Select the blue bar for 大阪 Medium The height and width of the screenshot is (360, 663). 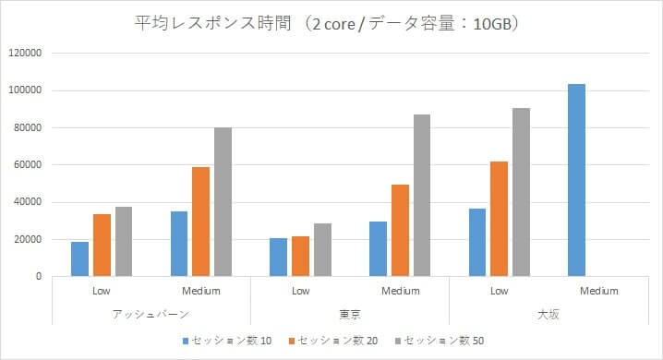pyautogui.click(x=577, y=180)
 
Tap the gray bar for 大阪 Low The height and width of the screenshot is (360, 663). pyautogui.click(x=521, y=192)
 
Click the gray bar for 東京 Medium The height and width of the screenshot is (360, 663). pyautogui.click(x=422, y=195)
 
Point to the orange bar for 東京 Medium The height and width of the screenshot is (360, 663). pyautogui.click(x=400, y=230)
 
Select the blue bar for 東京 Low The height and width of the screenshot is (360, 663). pyautogui.click(x=279, y=257)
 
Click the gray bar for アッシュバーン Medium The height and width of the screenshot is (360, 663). pyautogui.click(x=223, y=201)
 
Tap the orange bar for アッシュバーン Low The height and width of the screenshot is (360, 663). pyautogui.click(x=102, y=245)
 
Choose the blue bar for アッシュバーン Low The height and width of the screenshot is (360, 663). pyautogui.click(x=80, y=258)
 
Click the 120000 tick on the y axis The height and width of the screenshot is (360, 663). pyautogui.click(x=25, y=54)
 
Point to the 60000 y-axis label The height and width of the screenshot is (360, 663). pyautogui.click(x=28, y=165)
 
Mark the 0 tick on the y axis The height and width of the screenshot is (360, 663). pyautogui.click(x=40, y=277)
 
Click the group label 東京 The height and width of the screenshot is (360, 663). pyautogui.click(x=350, y=313)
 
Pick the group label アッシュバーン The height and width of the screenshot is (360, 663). pyautogui.click(x=151, y=313)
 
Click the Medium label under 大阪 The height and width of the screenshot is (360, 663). pyautogui.click(x=598, y=291)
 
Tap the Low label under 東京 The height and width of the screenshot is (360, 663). pyautogui.click(x=300, y=291)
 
